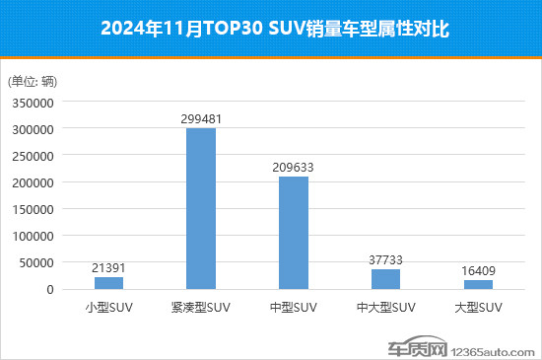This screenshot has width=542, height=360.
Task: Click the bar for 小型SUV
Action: (108, 283)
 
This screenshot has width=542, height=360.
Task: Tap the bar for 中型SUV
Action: (294, 233)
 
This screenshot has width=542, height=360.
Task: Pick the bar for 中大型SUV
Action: (385, 279)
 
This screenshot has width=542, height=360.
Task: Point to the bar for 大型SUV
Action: (478, 284)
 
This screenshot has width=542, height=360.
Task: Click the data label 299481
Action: (201, 118)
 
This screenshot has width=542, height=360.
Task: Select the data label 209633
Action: (294, 167)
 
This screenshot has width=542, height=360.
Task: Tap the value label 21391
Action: (108, 267)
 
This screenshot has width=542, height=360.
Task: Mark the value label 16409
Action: (478, 270)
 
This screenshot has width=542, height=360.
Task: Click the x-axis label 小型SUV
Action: (108, 308)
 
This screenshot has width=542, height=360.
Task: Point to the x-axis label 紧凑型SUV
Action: (201, 308)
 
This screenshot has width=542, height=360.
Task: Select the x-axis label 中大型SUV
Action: (385, 308)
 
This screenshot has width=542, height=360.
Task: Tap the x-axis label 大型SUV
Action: (478, 308)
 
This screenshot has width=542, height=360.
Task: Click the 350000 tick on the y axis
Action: (35, 102)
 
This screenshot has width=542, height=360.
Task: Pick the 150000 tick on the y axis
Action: (35, 209)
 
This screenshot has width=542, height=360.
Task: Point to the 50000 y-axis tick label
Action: (38, 262)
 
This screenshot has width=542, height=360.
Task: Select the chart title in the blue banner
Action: (271, 30)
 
